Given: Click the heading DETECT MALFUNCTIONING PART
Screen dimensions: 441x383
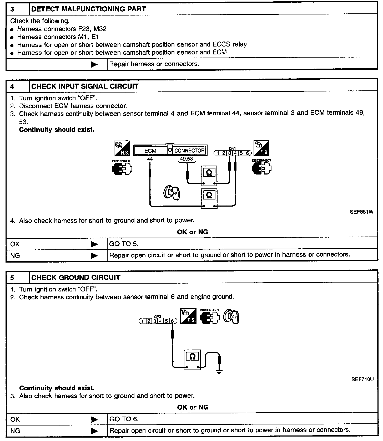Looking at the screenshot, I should coord(88,9).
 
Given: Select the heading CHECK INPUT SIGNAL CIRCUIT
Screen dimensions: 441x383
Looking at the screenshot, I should coord(85,86).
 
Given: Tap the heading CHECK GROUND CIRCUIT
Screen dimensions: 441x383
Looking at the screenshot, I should coord(75,278).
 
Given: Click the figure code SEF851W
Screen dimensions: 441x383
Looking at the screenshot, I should coord(361,212).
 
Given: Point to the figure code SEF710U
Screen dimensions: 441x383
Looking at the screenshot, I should coord(362,380).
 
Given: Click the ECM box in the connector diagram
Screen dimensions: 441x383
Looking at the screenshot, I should coord(150,151).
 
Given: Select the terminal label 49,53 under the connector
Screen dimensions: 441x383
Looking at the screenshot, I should coord(187,159).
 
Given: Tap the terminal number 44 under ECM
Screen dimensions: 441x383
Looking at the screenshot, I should coord(150,159).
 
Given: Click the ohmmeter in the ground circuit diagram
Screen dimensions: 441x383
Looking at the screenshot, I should coord(192,360).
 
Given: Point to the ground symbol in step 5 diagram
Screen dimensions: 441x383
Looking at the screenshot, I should coord(219,372).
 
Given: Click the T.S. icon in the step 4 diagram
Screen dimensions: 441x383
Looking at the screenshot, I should coord(261,148).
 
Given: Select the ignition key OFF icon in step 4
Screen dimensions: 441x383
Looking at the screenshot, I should coord(172,193).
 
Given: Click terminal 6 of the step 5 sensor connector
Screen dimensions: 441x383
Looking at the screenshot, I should coord(173,321).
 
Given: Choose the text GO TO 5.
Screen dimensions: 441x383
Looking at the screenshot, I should coord(124,244).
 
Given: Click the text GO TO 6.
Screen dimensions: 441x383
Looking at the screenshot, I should coord(124,419).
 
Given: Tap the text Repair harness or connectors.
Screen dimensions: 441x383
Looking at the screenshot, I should coord(154,64).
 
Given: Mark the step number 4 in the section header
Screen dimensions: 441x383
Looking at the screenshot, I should coord(12,87).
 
